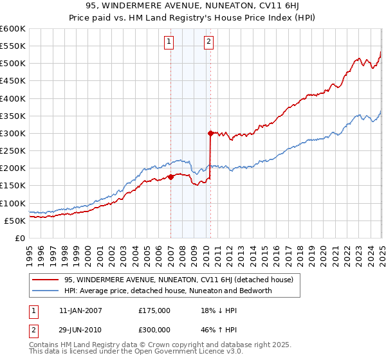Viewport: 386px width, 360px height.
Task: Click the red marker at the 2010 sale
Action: click(x=210, y=134)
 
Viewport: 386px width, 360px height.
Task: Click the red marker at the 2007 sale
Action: click(x=170, y=177)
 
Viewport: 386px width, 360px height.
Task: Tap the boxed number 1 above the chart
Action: click(x=169, y=42)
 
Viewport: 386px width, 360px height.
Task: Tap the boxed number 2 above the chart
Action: click(x=209, y=42)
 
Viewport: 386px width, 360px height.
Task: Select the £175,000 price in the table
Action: click(x=154, y=310)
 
